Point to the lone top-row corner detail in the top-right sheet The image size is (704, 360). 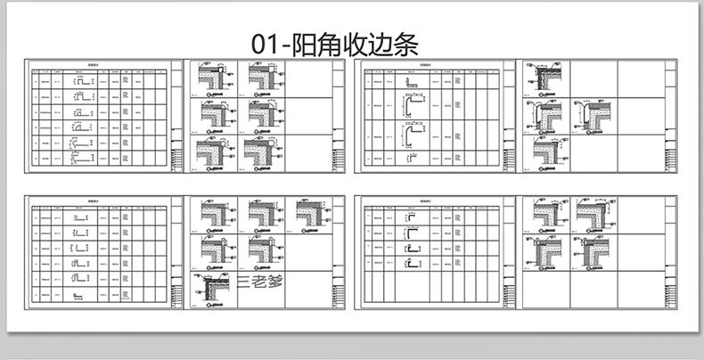point(544,78)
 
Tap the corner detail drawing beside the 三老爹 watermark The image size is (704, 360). point(212,287)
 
